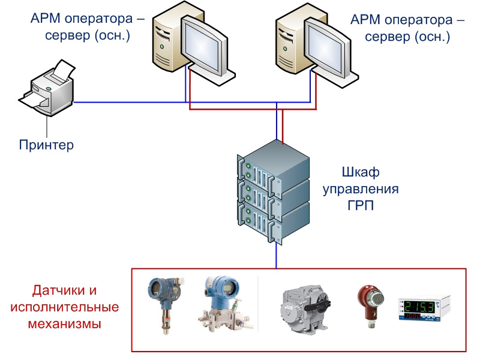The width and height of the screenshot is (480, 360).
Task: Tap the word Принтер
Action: point(46,145)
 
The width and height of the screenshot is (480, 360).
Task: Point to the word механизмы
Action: point(64,324)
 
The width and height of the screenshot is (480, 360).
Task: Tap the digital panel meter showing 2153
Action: point(423,307)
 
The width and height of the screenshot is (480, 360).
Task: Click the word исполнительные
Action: point(64,307)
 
